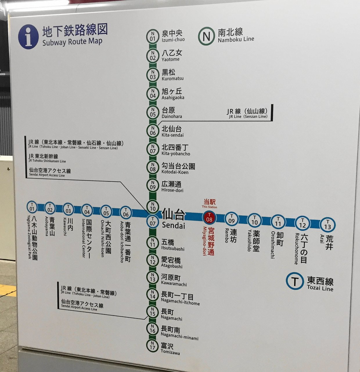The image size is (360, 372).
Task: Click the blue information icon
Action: [28, 37]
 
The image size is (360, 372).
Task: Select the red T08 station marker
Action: [209, 218]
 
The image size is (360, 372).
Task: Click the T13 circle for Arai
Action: [327, 225]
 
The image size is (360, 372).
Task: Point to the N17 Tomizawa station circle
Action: [152, 346]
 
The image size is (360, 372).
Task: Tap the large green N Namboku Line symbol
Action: [206, 36]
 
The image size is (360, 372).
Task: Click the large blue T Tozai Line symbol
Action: [295, 281]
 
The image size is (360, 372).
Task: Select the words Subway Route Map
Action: [72, 42]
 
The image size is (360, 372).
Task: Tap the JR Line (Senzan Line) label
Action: [248, 113]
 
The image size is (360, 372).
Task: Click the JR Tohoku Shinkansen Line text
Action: [47, 158]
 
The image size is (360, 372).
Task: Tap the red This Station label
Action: [209, 203]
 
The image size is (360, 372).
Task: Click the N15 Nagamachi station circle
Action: [152, 312]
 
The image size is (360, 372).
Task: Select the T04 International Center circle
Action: [87, 210]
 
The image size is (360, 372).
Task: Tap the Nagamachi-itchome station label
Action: [180, 299]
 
